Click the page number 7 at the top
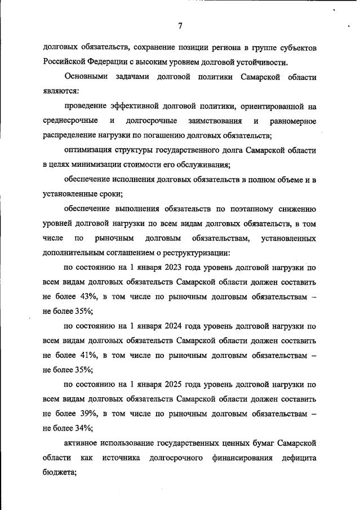point(180,26)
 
